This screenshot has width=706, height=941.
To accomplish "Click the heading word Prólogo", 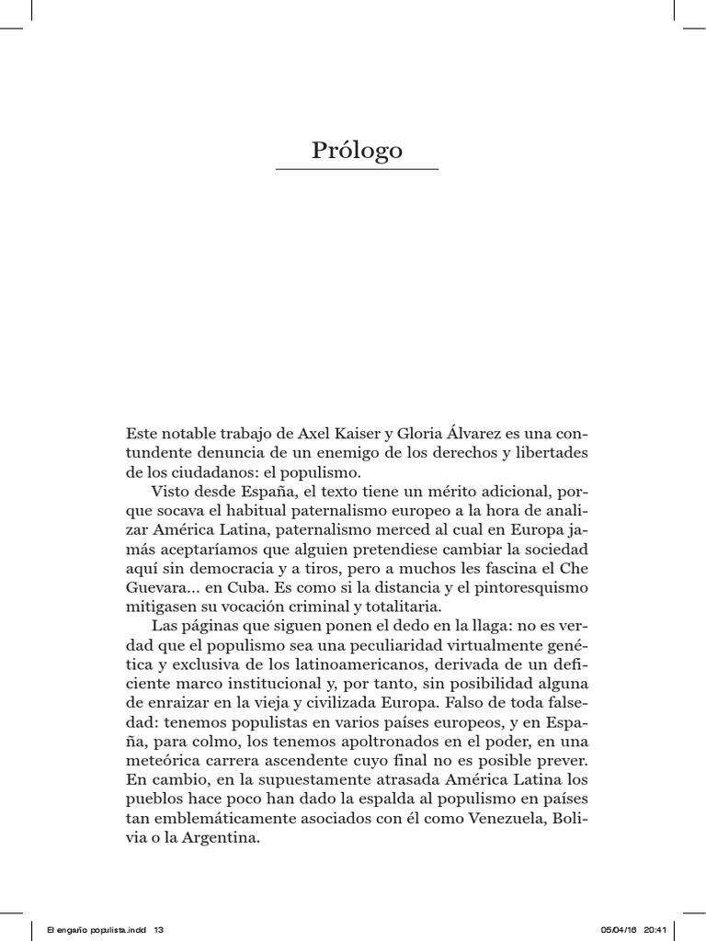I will click(x=357, y=150).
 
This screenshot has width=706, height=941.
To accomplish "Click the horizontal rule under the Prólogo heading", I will click(x=357, y=170).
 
